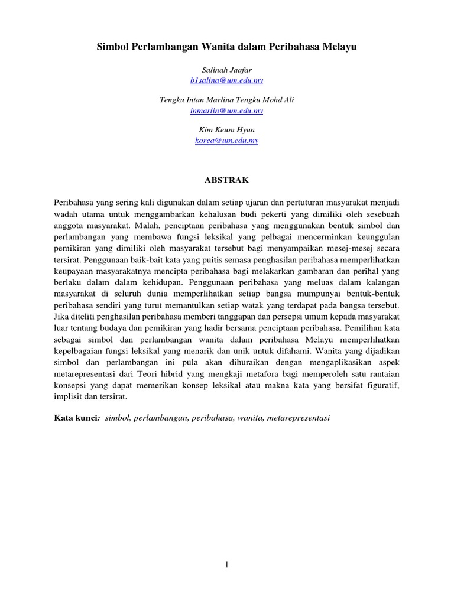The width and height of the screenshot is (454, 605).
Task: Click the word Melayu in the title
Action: tap(339, 46)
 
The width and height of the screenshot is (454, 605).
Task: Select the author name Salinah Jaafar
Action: tap(227, 70)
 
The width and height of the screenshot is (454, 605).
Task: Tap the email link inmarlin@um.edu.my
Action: tap(227, 110)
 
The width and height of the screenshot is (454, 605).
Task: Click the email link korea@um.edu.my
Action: tap(227, 141)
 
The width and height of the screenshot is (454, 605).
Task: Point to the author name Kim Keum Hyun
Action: tap(227, 130)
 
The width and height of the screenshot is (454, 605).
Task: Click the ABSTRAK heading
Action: tap(227, 180)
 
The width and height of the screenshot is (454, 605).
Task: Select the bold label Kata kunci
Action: tap(76, 418)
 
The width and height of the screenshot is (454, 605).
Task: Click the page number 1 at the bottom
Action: tap(226, 565)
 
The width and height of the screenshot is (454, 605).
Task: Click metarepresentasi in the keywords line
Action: tap(299, 418)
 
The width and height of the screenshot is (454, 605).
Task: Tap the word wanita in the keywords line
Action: tap(249, 418)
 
